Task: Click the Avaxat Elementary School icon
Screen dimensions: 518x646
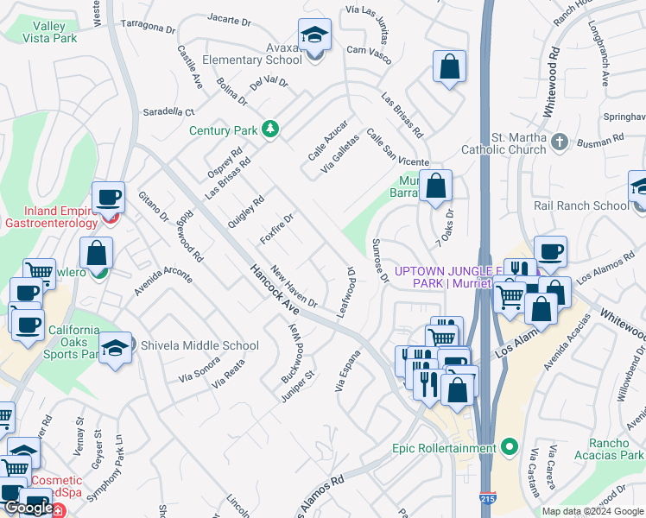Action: coord(314,36)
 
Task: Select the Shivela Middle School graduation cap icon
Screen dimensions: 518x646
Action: coord(115,347)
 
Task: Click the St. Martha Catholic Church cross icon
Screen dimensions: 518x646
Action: coord(560,142)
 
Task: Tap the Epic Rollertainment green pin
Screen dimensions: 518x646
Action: coord(510,447)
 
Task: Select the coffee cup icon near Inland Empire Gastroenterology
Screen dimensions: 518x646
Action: coord(110,198)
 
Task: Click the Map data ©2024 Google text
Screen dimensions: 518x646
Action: coord(592,511)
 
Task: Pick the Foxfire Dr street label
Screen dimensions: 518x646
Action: coord(277,229)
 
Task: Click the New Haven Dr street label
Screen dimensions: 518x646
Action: coord(294,288)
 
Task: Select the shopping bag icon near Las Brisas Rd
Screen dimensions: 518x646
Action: coord(450,67)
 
